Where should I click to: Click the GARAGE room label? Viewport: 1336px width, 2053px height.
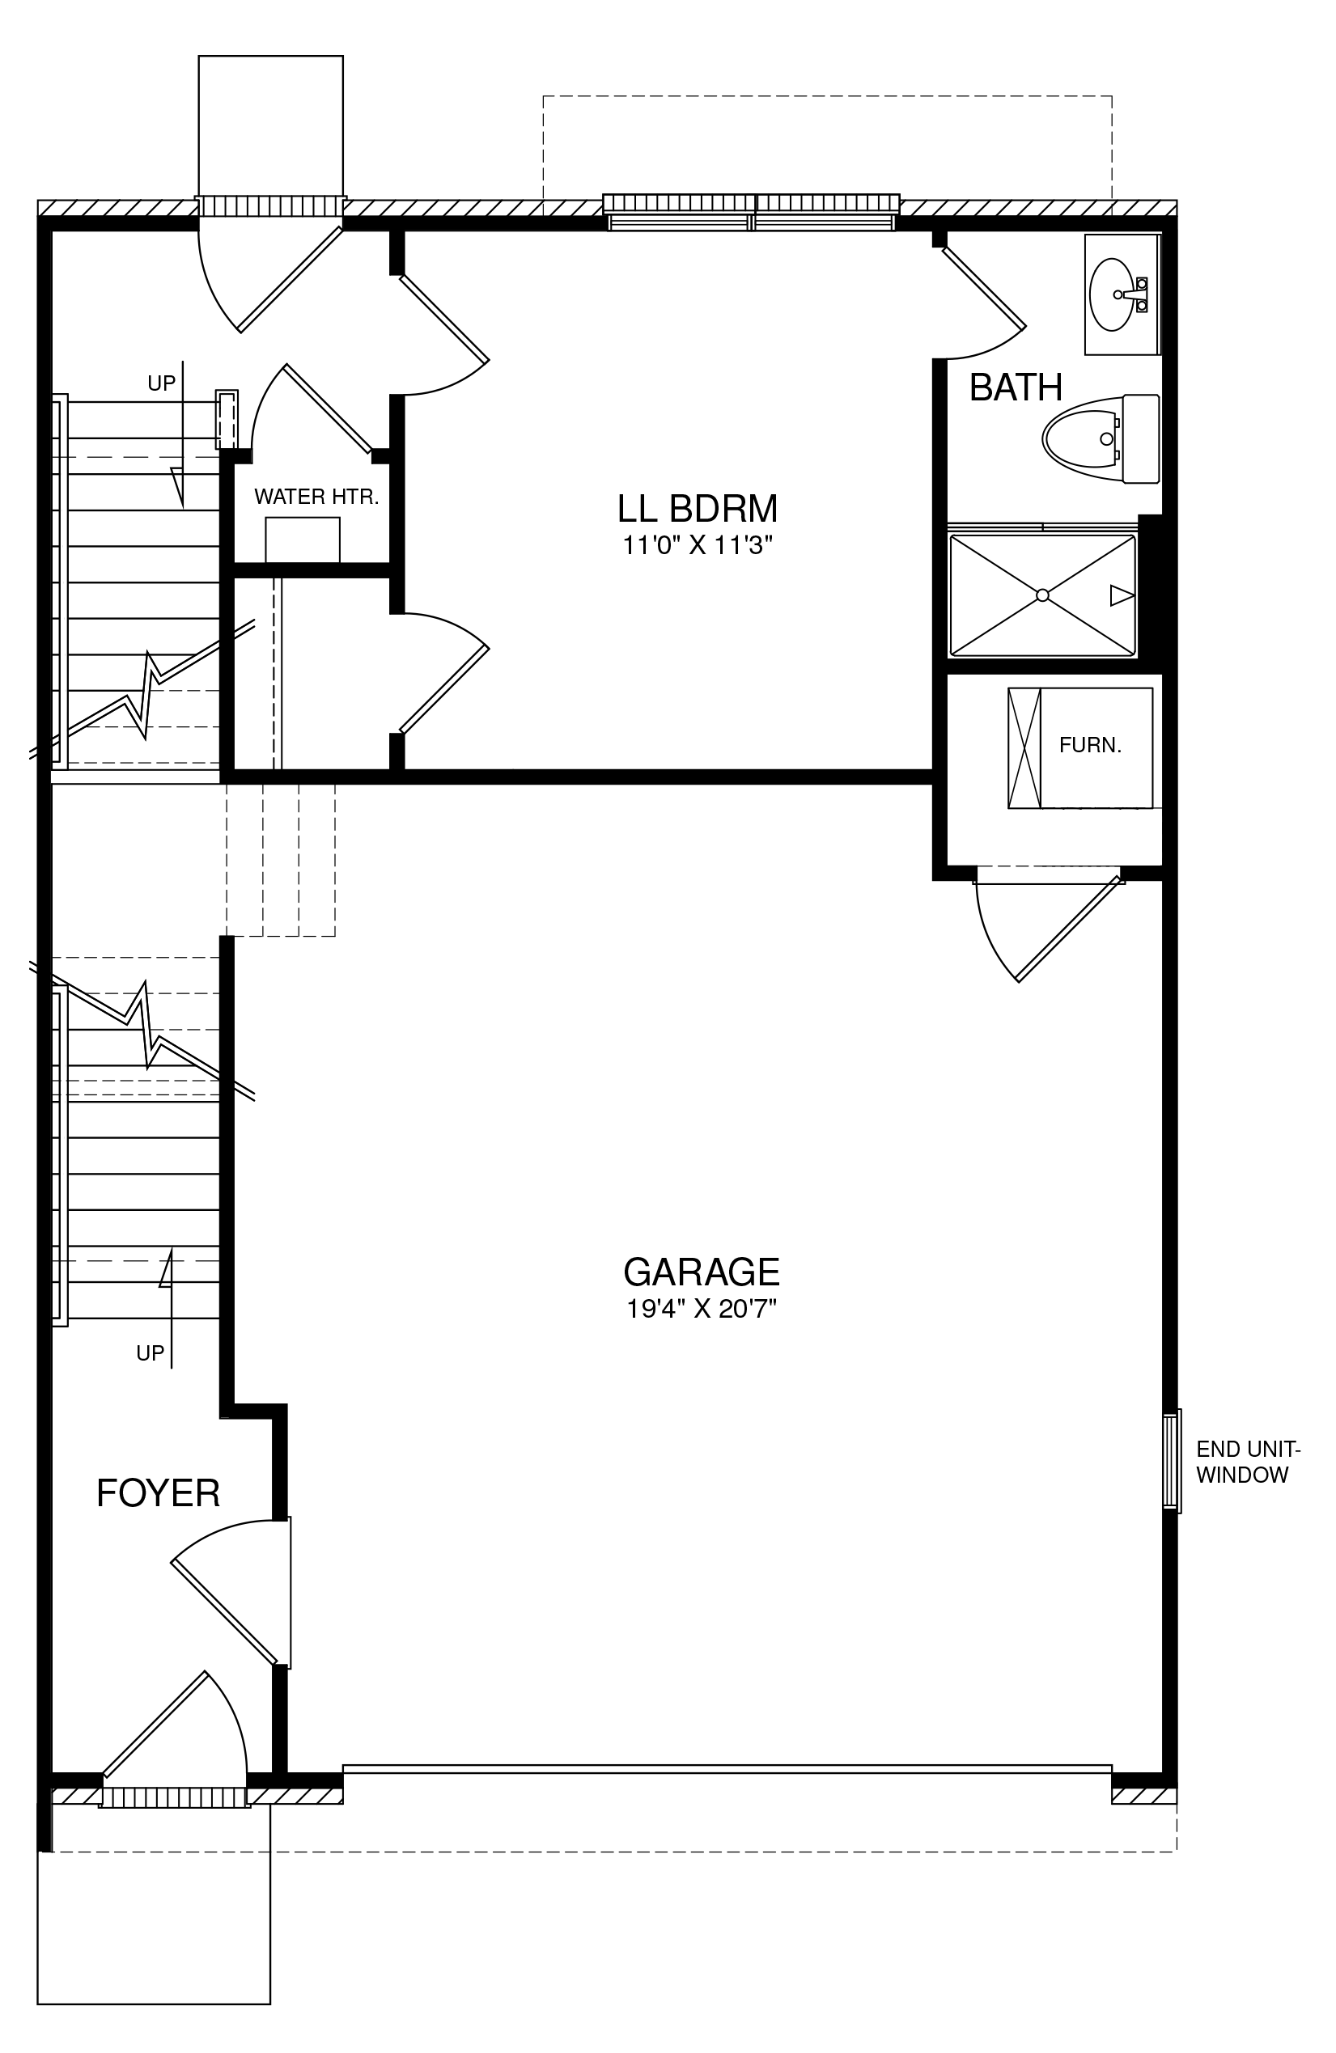click(701, 1272)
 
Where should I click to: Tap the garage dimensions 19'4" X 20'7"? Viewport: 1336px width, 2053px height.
click(701, 1310)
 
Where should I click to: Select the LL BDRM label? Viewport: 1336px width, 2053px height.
click(698, 509)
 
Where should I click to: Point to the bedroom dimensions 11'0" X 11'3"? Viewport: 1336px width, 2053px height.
click(698, 545)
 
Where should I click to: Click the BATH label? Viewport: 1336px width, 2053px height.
click(1016, 387)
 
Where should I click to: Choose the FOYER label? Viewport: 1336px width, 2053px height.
click(158, 1493)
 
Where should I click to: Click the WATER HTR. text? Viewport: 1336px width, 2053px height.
click(316, 497)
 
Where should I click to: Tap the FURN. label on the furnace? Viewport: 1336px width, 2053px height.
click(1090, 745)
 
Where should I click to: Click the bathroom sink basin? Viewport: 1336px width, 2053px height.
click(1112, 294)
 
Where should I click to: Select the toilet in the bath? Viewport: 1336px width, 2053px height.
click(1101, 438)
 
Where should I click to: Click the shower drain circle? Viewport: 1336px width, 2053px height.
click(1042, 595)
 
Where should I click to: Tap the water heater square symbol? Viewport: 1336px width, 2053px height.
click(302, 540)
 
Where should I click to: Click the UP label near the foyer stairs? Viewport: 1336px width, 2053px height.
click(151, 1353)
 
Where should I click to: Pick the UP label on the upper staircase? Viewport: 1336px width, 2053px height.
click(161, 383)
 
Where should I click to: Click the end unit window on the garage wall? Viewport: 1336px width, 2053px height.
click(1171, 1461)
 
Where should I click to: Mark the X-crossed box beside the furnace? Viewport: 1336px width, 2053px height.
click(1024, 748)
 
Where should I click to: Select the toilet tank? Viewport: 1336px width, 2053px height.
click(1140, 438)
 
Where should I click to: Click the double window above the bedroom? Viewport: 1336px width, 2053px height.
click(751, 211)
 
